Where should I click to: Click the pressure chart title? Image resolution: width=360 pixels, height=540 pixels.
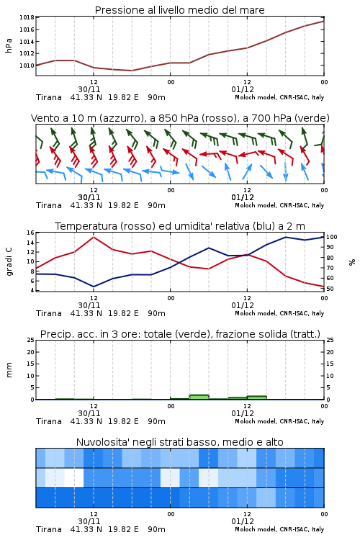click(179, 10)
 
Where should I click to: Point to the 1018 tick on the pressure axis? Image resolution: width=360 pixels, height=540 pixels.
click(27, 17)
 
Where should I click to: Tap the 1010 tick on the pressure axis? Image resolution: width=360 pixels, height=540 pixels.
click(27, 66)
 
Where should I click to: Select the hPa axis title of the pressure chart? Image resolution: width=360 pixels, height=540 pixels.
click(9, 45)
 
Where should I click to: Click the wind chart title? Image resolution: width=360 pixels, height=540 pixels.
click(180, 118)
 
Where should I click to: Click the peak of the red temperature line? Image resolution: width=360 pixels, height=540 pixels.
click(94, 237)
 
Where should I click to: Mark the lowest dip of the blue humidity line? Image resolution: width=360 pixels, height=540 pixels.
click(94, 287)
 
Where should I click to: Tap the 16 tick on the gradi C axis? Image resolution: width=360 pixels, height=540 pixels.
click(30, 233)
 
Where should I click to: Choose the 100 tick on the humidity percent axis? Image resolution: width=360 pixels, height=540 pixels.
click(332, 237)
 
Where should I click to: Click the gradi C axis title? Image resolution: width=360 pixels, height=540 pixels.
click(9, 261)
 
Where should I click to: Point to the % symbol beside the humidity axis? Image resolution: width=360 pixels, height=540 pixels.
click(352, 262)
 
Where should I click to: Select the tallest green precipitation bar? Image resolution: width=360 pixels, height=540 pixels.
click(199, 397)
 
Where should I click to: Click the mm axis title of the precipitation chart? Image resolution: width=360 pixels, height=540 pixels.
click(9, 370)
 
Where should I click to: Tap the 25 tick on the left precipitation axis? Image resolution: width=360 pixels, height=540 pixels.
click(31, 340)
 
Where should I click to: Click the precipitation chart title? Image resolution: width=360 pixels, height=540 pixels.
click(180, 334)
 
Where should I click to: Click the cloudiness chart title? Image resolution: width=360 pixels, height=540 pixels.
click(179, 442)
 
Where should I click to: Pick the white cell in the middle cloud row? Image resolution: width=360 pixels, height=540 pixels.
click(74, 477)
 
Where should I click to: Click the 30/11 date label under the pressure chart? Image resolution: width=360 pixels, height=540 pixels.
click(89, 89)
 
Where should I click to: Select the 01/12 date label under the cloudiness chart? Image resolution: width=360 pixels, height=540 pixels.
click(243, 521)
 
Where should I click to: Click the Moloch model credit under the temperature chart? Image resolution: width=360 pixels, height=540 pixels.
click(279, 313)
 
